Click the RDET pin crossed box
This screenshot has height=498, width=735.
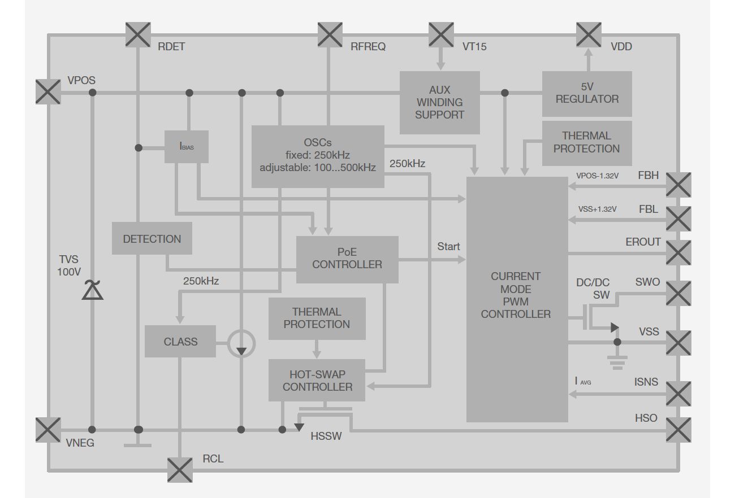click(x=138, y=34)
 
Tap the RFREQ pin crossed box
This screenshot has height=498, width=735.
click(x=330, y=34)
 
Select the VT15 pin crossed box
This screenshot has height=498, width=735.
click(x=441, y=34)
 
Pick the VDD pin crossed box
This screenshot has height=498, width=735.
click(x=589, y=34)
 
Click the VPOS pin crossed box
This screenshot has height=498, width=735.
click(x=48, y=92)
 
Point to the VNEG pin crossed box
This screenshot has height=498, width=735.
click(x=48, y=430)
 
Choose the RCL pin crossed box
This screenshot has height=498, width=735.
click(x=180, y=470)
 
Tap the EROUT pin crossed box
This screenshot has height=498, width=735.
click(x=678, y=252)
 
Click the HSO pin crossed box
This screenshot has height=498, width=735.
click(x=678, y=430)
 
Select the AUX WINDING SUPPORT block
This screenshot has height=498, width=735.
click(x=439, y=102)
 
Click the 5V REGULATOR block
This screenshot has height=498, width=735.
click(x=587, y=93)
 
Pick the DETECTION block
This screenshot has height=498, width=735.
click(x=152, y=238)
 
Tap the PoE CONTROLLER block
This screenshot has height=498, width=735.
click(x=347, y=259)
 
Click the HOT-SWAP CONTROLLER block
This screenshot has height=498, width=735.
click(x=317, y=381)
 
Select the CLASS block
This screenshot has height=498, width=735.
click(x=180, y=341)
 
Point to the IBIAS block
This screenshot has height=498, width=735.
click(x=187, y=147)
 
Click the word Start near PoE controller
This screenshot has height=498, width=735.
click(x=448, y=247)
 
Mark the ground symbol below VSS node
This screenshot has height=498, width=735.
click(x=617, y=362)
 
